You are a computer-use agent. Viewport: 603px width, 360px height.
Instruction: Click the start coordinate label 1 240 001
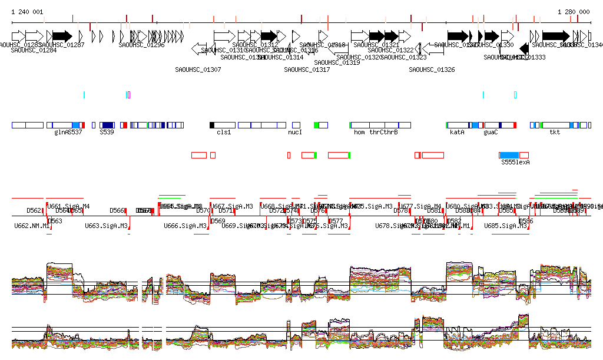(27, 12)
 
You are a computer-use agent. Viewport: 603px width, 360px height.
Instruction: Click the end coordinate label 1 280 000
(574, 12)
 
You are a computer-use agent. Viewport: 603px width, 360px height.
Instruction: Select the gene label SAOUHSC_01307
(198, 70)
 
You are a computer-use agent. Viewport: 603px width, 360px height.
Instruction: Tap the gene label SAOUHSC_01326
(432, 70)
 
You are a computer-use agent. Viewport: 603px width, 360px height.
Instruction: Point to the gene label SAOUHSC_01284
(34, 50)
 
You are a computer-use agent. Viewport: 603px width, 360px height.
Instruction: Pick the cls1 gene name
(224, 133)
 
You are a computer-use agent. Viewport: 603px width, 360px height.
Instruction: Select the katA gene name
(457, 133)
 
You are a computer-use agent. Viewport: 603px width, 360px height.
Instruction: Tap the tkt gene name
(555, 133)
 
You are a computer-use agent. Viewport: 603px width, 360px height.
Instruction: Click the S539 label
(106, 133)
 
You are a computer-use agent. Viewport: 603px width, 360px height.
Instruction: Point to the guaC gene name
(491, 133)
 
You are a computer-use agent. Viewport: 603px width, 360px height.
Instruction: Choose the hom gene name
(359, 133)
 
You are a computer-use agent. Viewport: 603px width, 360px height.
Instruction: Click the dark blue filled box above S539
(108, 125)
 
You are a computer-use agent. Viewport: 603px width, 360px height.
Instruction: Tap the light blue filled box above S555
(508, 155)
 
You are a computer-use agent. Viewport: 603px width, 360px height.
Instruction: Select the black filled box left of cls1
(212, 125)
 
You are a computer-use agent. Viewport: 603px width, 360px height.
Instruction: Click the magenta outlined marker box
(129, 95)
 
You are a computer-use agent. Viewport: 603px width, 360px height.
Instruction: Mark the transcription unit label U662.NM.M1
(32, 226)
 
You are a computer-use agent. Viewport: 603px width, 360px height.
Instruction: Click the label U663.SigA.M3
(106, 226)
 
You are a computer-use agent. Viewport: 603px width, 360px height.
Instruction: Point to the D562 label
(34, 210)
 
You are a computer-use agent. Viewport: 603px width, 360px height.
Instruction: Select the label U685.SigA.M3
(505, 226)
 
